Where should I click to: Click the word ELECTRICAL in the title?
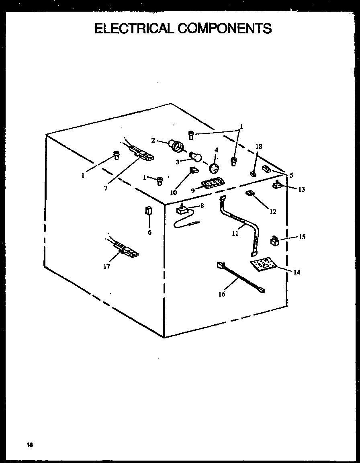pyautogui.click(x=134, y=28)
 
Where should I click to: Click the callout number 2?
pyautogui.click(x=153, y=140)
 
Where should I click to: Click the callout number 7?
pyautogui.click(x=106, y=188)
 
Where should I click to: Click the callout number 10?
pyautogui.click(x=173, y=193)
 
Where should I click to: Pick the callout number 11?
pyautogui.click(x=235, y=234)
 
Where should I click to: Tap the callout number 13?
pyautogui.click(x=301, y=189)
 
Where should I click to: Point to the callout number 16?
pyautogui.click(x=222, y=294)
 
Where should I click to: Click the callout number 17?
pyautogui.click(x=106, y=266)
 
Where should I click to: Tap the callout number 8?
pyautogui.click(x=202, y=205)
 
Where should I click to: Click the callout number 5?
pyautogui.click(x=291, y=175)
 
